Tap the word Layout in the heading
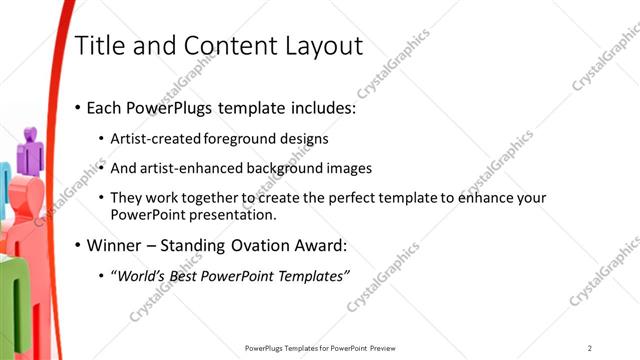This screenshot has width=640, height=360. (x=318, y=46)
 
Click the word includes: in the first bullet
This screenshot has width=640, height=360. (x=319, y=107)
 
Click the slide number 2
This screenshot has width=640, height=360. (x=590, y=348)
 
